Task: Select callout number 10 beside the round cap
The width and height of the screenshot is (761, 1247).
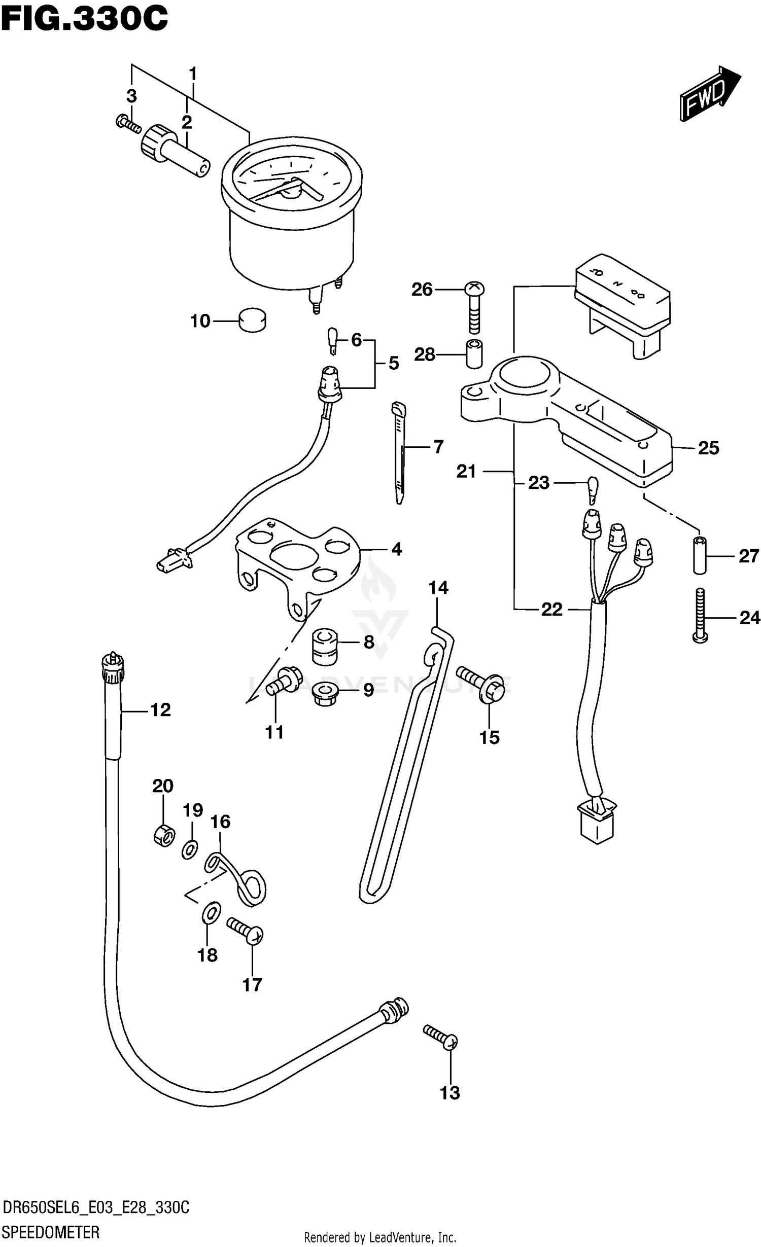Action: point(200,321)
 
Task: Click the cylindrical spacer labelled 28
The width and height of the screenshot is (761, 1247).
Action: point(474,354)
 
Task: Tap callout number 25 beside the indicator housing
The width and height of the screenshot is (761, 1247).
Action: point(708,448)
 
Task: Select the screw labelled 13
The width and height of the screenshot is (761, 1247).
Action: point(441,1038)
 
